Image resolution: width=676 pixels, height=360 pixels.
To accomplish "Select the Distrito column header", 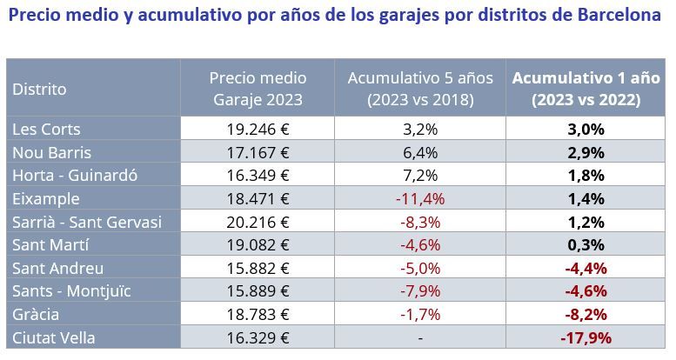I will tap(39, 89).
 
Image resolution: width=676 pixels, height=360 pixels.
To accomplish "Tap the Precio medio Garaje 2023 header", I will tap(258, 89).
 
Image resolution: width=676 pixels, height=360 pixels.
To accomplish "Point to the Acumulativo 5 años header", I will tap(420, 89).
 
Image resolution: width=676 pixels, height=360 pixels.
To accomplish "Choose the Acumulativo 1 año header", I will tap(586, 89).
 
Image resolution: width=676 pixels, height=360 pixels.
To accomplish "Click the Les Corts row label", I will tap(46, 130).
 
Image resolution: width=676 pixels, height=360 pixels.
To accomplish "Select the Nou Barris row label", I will tap(51, 152).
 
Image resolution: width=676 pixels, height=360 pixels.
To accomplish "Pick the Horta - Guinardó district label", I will tap(75, 176).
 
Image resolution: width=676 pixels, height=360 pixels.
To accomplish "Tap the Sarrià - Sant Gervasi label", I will tap(87, 222).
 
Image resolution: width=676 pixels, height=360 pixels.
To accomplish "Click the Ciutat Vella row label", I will tap(54, 337).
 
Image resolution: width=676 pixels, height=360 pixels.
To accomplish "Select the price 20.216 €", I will tap(258, 222).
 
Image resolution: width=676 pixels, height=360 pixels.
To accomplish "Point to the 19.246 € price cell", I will tap(258, 130).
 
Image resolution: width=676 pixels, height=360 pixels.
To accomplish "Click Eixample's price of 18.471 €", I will tap(258, 198).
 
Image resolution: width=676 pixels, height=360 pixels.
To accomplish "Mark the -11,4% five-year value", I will tap(420, 198).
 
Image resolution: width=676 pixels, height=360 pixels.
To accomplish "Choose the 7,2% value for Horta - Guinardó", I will tap(420, 176).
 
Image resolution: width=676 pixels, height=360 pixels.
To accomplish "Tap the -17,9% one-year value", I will tap(586, 337).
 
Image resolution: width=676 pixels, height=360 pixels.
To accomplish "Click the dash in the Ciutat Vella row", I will tap(420, 337).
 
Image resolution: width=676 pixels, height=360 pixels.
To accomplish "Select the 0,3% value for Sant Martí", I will tap(586, 245).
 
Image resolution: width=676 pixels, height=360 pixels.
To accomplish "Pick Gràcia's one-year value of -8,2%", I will tap(586, 314).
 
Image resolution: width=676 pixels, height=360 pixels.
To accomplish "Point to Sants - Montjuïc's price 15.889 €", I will tap(258, 291).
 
